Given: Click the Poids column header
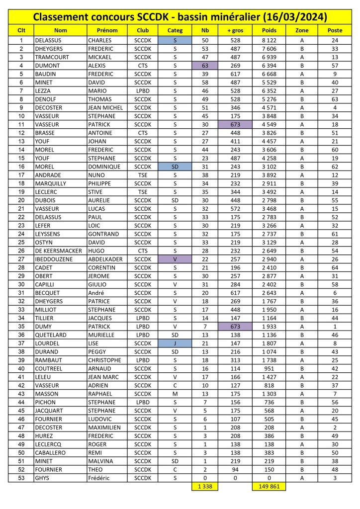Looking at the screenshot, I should point(269,30).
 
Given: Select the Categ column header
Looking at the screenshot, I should point(175,30).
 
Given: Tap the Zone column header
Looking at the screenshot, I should point(302,30).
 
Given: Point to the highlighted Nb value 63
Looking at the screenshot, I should point(205,65).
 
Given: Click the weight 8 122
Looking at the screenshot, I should point(269,40).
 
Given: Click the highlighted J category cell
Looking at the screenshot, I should point(175,343).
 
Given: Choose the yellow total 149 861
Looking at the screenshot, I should point(269,487).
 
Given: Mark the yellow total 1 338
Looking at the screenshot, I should point(205,487).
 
